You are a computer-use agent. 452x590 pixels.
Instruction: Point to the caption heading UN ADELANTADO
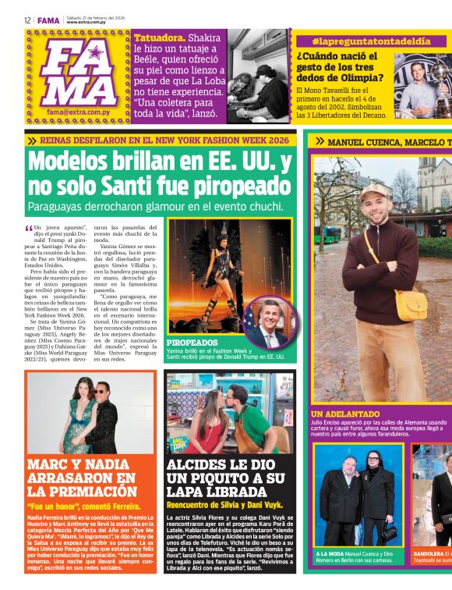(x=344, y=414)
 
